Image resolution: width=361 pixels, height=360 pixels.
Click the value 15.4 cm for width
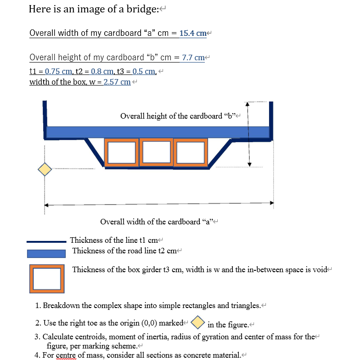pyautogui.click(x=193, y=33)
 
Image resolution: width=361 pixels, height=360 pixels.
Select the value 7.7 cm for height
pyautogui.click(x=193, y=57)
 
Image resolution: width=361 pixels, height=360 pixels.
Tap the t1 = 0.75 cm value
pyautogui.click(x=51, y=71)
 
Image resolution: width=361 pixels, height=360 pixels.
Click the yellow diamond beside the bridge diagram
pyautogui.click(x=45, y=169)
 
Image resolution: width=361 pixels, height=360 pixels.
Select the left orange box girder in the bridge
pyautogui.click(x=122, y=152)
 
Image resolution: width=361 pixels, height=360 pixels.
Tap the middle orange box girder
pyautogui.click(x=156, y=152)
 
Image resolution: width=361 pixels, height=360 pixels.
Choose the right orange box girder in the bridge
pyautogui.click(x=190, y=152)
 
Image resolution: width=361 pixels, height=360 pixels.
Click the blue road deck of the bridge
pyautogui.click(x=158, y=132)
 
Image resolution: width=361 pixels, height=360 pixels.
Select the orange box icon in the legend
pyautogui.click(x=45, y=279)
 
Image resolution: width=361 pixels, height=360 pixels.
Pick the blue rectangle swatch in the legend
pyautogui.click(x=46, y=253)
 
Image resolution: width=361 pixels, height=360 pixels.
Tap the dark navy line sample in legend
pyautogui.click(x=46, y=241)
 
